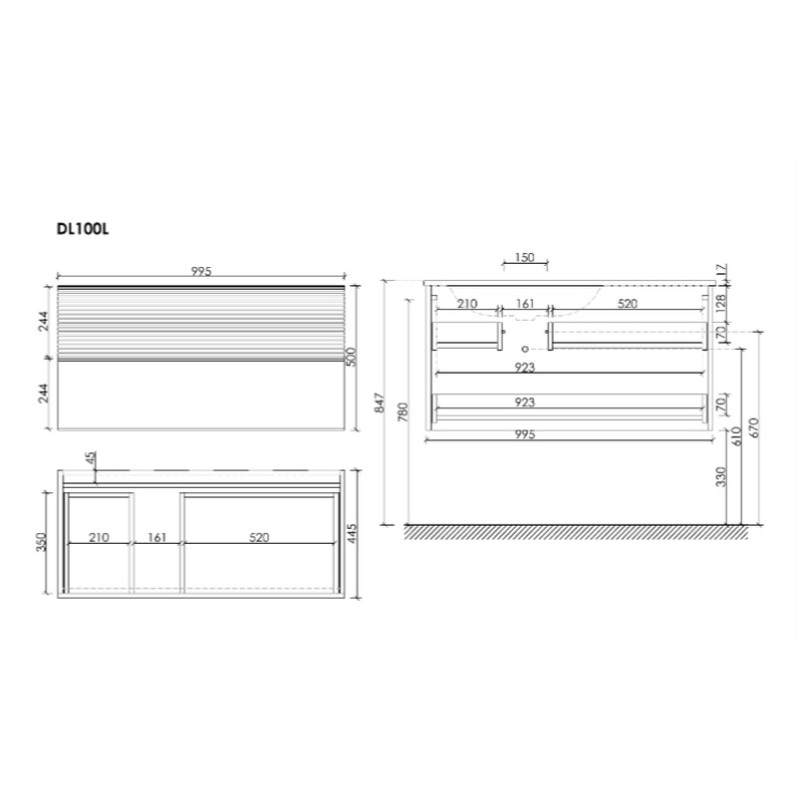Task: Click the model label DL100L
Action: (83, 229)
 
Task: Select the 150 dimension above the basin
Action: (525, 257)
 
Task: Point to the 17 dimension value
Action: (721, 270)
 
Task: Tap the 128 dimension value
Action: (721, 304)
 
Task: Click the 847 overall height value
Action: (380, 402)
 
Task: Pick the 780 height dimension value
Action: (402, 412)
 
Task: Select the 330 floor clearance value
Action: (720, 476)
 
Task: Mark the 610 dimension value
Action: (736, 435)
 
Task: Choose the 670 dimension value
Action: (753, 428)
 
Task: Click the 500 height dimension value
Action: (352, 357)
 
